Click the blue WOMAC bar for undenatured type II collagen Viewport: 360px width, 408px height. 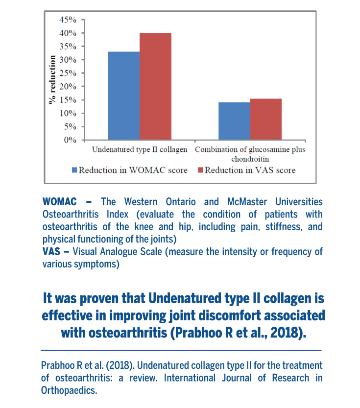click(124, 96)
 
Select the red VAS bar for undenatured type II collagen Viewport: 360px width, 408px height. click(156, 86)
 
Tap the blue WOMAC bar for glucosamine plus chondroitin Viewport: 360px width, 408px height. click(234, 121)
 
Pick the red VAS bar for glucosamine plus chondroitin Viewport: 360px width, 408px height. click(266, 119)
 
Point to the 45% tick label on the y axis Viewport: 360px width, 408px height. click(68, 20)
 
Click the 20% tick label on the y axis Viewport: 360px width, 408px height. click(68, 86)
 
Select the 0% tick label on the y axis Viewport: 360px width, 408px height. click(70, 140)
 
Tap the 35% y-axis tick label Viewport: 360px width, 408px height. click(68, 47)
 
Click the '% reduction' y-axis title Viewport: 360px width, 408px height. click(52, 80)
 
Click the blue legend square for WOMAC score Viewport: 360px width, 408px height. click(74, 170)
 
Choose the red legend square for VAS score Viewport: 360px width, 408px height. click(200, 170)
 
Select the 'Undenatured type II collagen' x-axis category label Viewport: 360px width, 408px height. click(140, 149)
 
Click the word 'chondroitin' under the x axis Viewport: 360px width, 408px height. click(250, 159)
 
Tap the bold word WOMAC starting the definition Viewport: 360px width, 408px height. click(60, 202)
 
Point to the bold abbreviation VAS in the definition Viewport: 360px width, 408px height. click(51, 252)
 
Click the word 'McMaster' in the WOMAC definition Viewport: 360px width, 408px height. click(247, 202)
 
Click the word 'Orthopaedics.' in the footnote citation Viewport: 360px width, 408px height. click(69, 390)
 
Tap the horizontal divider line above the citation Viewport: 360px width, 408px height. click(181, 350)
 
